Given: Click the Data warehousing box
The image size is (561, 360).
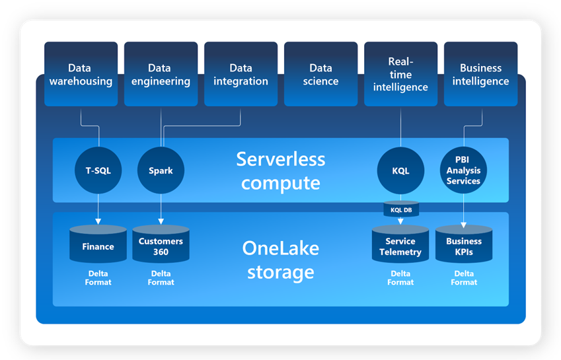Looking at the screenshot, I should (81, 74).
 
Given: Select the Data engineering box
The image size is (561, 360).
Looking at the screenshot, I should (161, 74).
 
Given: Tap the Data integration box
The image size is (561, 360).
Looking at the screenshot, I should (241, 74).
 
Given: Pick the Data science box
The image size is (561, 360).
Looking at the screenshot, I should (320, 74).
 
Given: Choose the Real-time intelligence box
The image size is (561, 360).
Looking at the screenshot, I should (400, 74).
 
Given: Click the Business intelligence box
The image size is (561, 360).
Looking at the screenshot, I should (480, 74).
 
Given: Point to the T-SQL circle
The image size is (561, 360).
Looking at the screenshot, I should (98, 170).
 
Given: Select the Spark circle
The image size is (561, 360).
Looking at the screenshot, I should (161, 170).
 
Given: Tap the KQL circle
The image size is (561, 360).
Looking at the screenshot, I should (400, 170).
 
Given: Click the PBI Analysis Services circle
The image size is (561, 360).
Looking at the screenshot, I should (463, 170).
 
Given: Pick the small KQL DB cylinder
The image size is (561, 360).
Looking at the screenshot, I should (400, 209).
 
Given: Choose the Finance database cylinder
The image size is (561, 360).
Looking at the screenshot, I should (98, 245).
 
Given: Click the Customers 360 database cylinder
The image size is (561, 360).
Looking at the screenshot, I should (161, 245).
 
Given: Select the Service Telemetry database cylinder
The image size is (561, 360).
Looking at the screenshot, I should (400, 245).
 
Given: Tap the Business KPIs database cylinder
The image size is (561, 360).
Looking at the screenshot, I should (463, 245).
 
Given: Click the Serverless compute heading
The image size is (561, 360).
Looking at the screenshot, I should (281, 170).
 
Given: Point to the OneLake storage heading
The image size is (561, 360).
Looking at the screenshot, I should (281, 260).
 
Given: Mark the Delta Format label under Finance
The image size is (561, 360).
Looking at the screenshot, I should (98, 278).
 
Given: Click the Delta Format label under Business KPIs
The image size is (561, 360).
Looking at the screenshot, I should (463, 278).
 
